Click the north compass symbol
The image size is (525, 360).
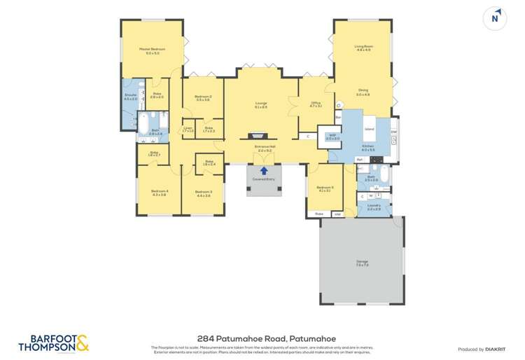496,19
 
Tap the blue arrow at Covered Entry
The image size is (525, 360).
265,170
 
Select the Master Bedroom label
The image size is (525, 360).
153,50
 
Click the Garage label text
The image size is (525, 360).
362,263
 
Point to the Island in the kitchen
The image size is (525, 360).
369,130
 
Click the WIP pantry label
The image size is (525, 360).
332,137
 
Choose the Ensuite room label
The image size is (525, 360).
130,97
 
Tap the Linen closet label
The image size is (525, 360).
188,130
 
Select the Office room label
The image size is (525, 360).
316,105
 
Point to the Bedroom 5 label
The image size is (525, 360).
324,188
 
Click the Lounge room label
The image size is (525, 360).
261,105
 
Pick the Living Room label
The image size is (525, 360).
364,48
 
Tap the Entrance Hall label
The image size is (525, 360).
265,149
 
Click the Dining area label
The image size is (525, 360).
363,91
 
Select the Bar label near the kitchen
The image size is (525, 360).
337,117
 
